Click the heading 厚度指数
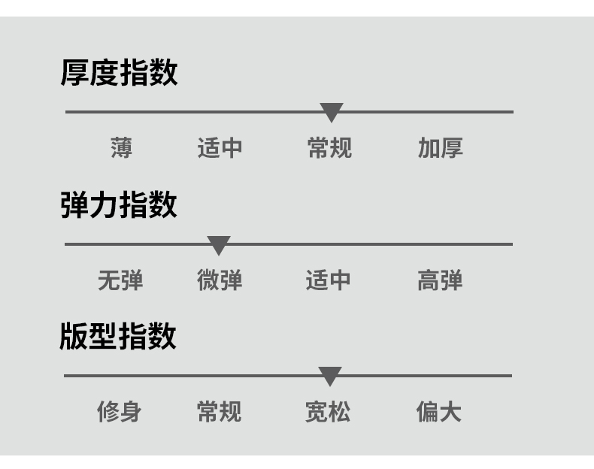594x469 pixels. (x=119, y=74)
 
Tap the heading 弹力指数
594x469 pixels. (x=119, y=204)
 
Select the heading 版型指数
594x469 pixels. (x=118, y=336)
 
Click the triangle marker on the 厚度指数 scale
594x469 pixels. (x=332, y=112)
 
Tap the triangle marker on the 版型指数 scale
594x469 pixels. (x=329, y=376)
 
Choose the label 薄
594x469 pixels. (x=121, y=148)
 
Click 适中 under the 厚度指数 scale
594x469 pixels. (x=220, y=148)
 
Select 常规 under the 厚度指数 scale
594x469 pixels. (x=329, y=148)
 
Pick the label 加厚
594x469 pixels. (x=440, y=148)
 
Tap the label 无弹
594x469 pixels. (x=120, y=280)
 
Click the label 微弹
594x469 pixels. (x=220, y=280)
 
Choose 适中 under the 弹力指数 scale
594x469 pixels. (x=329, y=280)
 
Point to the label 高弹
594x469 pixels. (x=439, y=280)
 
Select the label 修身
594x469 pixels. (x=119, y=412)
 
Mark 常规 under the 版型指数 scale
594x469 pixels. (x=219, y=412)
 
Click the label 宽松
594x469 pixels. (x=328, y=412)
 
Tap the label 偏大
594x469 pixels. (x=438, y=412)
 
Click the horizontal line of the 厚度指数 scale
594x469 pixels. (x=188, y=112)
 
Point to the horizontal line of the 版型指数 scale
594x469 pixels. (x=188, y=376)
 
